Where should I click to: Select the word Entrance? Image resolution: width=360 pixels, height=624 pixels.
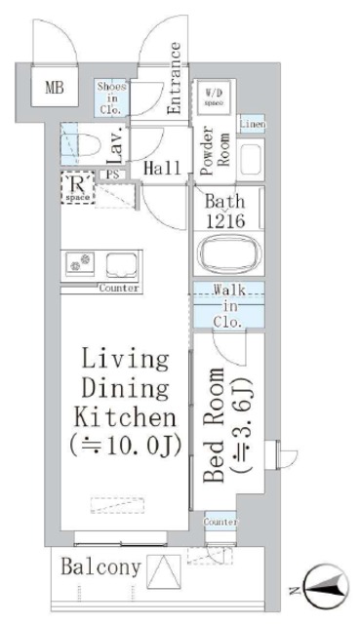(x=175, y=79)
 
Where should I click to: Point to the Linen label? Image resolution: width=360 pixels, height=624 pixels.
(x=251, y=125)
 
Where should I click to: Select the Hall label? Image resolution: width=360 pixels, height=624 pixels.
(x=162, y=169)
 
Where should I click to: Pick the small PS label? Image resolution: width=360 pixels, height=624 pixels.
(x=114, y=175)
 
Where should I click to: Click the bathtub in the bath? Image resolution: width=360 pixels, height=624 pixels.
(x=231, y=255)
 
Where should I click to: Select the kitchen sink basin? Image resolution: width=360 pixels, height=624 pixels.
(x=123, y=263)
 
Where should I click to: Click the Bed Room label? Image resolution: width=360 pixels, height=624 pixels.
(x=217, y=426)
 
